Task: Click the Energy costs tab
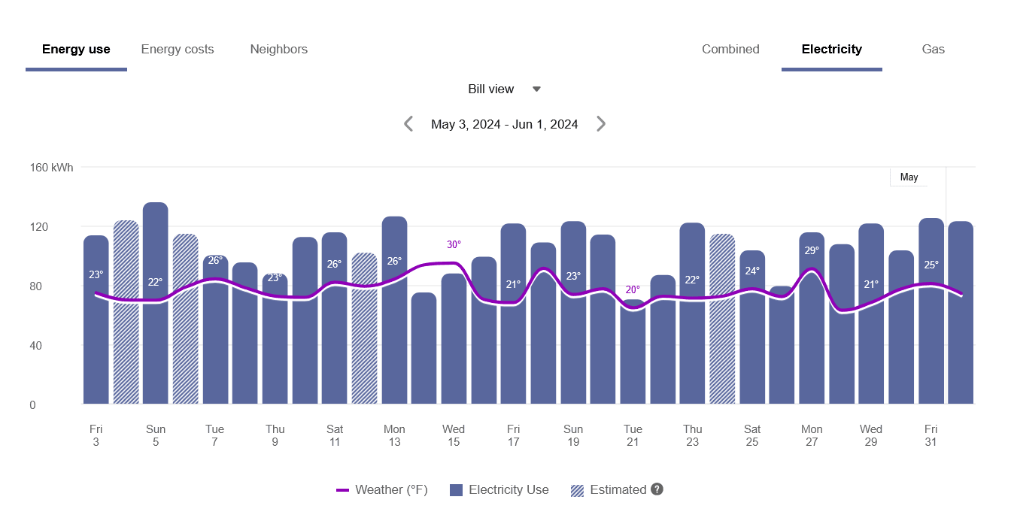178,50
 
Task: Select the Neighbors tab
279,50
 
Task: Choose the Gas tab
933,50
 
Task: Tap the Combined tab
730,50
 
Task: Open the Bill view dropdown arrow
536,89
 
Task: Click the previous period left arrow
408,124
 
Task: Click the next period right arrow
601,124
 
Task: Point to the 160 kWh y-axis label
52,168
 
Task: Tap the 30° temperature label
454,244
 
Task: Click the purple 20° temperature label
633,289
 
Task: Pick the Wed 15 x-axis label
454,435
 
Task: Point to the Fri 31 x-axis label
931,435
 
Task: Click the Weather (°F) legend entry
382,490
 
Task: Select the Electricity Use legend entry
499,490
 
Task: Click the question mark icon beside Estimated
657,489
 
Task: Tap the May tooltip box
909,177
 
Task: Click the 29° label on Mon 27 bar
812,250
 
